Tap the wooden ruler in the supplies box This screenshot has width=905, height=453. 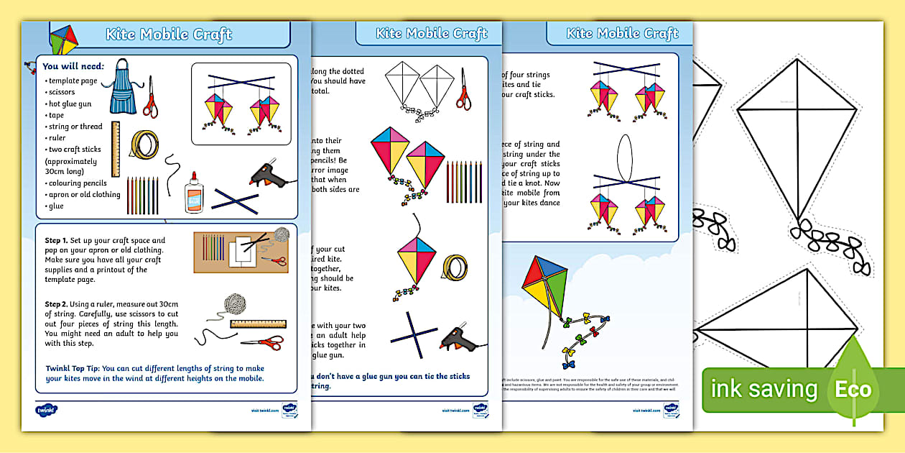tap(115, 149)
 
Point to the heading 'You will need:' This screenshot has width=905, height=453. tap(73, 66)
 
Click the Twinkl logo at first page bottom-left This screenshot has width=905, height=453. tap(47, 410)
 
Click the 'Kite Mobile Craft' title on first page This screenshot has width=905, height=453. tap(169, 35)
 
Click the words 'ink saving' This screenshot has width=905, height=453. tap(764, 390)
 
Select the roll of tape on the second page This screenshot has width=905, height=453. tap(455, 267)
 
